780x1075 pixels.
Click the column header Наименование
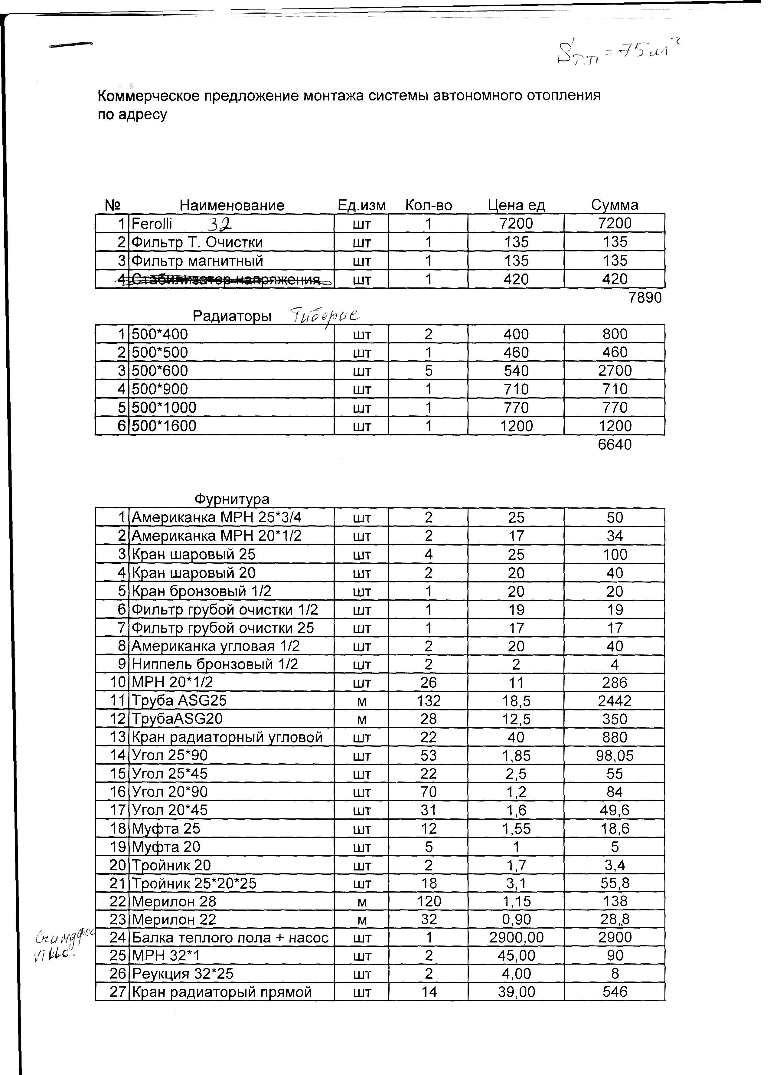point(232,205)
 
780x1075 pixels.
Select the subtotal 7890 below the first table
point(645,298)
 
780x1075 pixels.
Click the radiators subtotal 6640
point(615,444)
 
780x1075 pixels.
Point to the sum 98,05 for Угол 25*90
point(615,755)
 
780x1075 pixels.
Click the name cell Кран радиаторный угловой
point(227,738)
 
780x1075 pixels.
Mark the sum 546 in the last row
point(615,992)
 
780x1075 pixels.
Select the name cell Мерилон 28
point(174,902)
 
